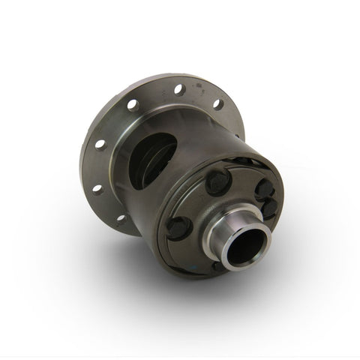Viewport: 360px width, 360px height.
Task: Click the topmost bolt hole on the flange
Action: click(179, 90)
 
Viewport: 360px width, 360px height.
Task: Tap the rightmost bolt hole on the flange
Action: click(217, 104)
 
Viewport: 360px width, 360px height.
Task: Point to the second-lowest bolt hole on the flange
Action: click(97, 189)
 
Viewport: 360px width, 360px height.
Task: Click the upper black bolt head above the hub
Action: click(218, 181)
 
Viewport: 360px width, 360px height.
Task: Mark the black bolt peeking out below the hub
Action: click(218, 265)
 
